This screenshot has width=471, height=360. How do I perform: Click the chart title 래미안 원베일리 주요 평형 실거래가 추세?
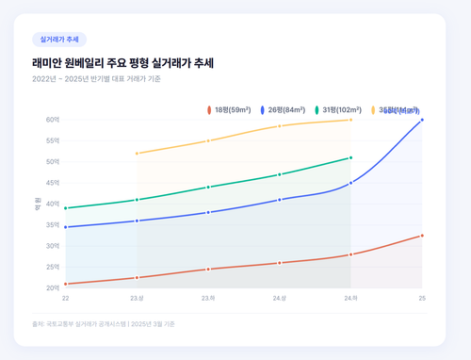tap(123, 62)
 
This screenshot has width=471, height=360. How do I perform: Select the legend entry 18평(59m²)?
tap(231, 110)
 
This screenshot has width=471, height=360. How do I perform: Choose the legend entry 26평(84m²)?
tap(285, 110)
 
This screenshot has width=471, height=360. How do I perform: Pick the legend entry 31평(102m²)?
tap(341, 110)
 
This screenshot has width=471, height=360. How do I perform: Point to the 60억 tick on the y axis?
tap(52, 120)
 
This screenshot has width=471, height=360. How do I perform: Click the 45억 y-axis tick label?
tap(52, 183)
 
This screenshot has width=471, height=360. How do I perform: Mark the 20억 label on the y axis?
tap(52, 287)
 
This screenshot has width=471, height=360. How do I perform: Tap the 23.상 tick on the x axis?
tap(137, 298)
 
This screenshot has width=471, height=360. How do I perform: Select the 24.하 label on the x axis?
tap(350, 298)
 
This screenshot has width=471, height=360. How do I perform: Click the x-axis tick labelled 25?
tap(422, 298)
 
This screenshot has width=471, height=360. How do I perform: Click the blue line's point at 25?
tap(422, 120)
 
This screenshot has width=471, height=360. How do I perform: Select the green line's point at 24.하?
tap(350, 157)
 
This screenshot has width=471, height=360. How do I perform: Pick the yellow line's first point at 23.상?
tap(137, 154)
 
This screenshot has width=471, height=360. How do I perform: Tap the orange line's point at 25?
tap(422, 236)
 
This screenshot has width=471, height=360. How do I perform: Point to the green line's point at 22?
tap(66, 208)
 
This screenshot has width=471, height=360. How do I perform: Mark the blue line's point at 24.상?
tap(280, 200)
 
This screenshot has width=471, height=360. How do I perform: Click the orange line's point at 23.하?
tap(208, 270)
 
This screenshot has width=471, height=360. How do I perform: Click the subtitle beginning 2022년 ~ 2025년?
tap(96, 79)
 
